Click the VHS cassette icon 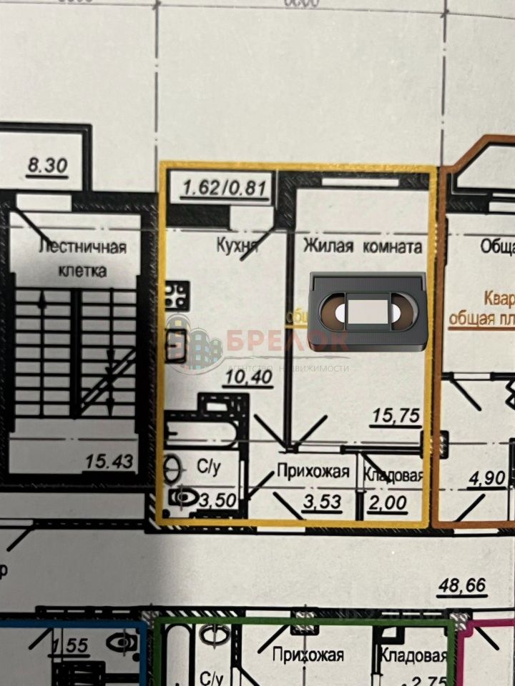(369, 311)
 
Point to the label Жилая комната (363, 247)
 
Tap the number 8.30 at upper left (46, 166)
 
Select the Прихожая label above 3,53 (313, 472)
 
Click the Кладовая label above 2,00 (393, 475)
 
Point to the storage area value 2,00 (388, 504)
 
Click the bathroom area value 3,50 (217, 500)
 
